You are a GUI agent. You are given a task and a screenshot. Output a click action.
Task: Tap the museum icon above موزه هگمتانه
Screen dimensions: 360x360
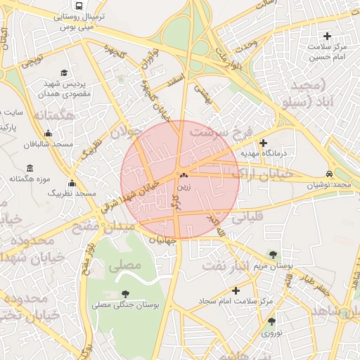point(29,169)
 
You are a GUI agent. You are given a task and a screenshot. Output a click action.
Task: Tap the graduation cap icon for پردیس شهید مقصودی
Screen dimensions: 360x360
point(64,72)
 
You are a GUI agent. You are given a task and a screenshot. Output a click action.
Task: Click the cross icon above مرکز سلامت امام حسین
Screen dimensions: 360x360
point(326,36)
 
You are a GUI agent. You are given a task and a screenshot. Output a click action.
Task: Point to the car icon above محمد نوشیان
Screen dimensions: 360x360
point(329,174)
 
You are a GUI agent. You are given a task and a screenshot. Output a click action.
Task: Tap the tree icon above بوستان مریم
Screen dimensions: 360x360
point(273,255)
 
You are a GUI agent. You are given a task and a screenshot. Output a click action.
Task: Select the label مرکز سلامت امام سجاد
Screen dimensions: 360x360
point(236,300)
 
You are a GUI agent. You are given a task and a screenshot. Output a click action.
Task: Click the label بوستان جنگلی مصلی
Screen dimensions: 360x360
point(126,304)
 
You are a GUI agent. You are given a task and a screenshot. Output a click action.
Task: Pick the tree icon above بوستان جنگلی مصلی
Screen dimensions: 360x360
point(125,294)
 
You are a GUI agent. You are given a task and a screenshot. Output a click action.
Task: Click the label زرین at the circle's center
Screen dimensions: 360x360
point(184,188)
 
